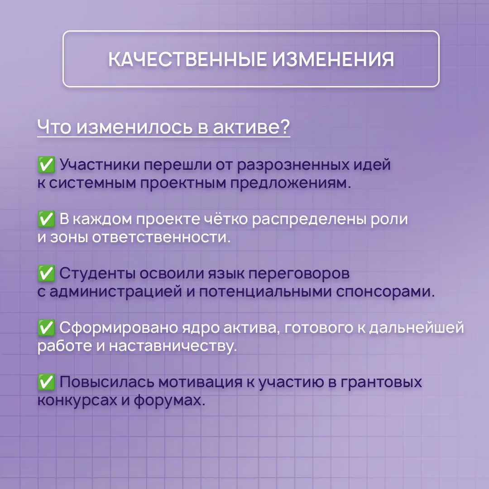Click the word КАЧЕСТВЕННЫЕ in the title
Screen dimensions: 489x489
pyautogui.click(x=187, y=59)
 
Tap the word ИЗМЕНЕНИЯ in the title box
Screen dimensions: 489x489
pyautogui.click(x=333, y=59)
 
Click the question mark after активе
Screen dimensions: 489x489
pyautogui.click(x=284, y=126)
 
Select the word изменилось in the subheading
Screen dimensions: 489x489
pyautogui.click(x=134, y=127)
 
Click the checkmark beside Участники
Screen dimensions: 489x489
pyautogui.click(x=46, y=164)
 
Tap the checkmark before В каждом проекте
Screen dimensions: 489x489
pyautogui.click(x=46, y=219)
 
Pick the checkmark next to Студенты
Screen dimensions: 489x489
pyautogui.click(x=46, y=273)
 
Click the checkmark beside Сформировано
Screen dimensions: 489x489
pyautogui.click(x=46, y=327)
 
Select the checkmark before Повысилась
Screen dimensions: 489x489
pyautogui.click(x=46, y=382)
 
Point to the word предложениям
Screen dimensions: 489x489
pyautogui.click(x=291, y=183)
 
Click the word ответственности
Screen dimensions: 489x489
pyautogui.click(x=161, y=237)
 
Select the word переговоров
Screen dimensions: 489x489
pyautogui.click(x=299, y=274)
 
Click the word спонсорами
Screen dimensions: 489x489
pyautogui.click(x=385, y=292)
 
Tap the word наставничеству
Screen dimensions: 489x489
pyautogui.click(x=173, y=346)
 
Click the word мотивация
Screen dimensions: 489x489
pyautogui.click(x=200, y=382)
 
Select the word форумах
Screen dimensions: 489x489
pyautogui.click(x=169, y=400)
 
